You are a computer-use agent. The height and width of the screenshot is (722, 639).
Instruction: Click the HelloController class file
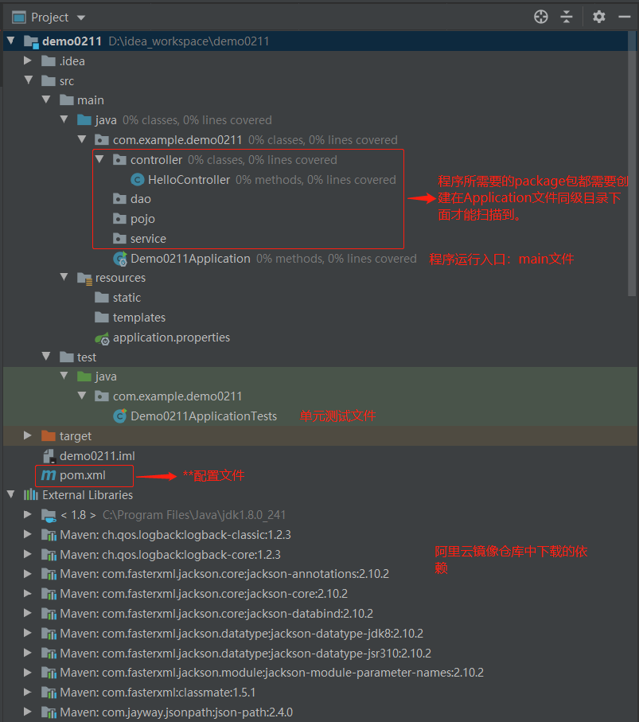[x=189, y=180]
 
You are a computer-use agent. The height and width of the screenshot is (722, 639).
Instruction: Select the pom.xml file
[x=82, y=475]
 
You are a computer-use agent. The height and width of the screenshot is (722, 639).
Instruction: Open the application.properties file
[x=171, y=338]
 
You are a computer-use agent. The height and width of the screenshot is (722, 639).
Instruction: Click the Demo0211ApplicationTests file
[x=204, y=416]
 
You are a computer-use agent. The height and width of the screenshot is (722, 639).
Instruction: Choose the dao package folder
[x=140, y=199]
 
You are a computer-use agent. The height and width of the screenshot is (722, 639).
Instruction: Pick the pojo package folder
[x=142, y=219]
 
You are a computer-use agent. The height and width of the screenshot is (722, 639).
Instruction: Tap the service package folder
[x=148, y=239]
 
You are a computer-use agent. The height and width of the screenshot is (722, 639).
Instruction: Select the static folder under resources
[x=127, y=298]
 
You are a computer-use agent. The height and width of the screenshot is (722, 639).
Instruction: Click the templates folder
[x=138, y=318]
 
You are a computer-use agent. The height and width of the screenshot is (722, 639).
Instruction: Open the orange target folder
[x=75, y=436]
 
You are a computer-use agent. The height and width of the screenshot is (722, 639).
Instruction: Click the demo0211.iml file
[x=97, y=456]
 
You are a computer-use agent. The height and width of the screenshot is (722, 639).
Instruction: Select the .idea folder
[x=72, y=61]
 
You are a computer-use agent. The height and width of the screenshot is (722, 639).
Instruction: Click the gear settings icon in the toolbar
[x=599, y=17]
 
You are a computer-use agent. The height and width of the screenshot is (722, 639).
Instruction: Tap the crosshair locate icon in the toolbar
[x=541, y=17]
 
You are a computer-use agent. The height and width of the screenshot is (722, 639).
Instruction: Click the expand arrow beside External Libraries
[x=10, y=495]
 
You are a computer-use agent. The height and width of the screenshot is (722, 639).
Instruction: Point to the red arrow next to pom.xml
[x=156, y=477]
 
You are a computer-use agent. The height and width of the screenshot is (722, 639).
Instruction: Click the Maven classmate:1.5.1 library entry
[x=170, y=693]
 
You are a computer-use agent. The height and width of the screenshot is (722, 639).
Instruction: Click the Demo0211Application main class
[x=190, y=259]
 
